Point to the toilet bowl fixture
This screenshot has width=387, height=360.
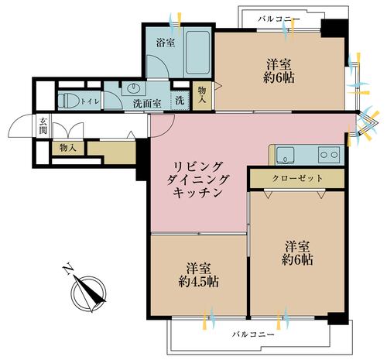(68, 100)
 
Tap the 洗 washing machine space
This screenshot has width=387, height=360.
(180, 99)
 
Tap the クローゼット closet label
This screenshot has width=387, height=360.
(296, 177)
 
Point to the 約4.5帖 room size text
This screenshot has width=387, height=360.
(198, 281)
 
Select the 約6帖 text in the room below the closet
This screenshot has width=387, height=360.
(296, 260)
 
